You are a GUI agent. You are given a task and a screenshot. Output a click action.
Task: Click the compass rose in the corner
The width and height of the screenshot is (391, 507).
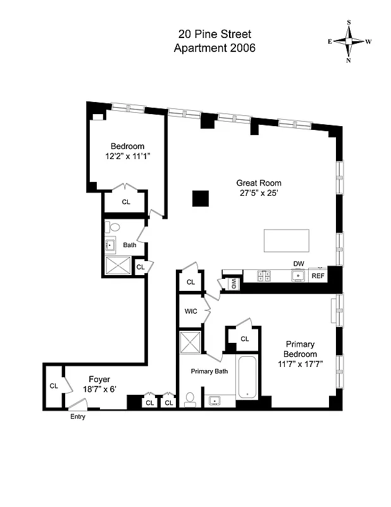pos(349,41)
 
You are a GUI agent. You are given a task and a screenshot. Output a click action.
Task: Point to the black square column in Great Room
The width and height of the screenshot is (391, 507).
pos(201,198)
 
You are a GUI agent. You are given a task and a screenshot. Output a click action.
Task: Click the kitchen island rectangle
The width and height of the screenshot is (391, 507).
pos(287,241)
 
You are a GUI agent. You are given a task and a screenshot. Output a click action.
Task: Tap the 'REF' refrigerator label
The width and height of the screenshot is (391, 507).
pos(318,276)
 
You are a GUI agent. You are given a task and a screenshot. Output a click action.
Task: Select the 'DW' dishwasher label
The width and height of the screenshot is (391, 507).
pos(298,264)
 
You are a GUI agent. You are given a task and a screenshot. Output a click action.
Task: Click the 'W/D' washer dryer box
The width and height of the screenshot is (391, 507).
pos(233,283)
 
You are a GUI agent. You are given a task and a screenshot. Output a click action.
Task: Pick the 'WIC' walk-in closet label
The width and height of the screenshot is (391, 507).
pos(191,311)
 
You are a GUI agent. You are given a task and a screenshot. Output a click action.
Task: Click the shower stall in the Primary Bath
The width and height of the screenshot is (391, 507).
pos(190,343)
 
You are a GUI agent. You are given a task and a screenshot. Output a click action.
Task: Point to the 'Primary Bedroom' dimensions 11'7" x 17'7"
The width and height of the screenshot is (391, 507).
pos(300,364)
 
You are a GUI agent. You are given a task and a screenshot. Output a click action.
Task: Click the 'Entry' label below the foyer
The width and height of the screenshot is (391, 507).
pos(76,416)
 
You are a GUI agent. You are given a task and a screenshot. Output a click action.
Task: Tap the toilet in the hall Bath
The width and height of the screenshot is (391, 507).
pos(115,226)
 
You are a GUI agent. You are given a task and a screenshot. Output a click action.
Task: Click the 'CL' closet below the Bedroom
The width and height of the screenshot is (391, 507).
pos(126,202)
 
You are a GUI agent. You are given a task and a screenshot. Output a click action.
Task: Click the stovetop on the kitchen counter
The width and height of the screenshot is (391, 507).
pos(264,276)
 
